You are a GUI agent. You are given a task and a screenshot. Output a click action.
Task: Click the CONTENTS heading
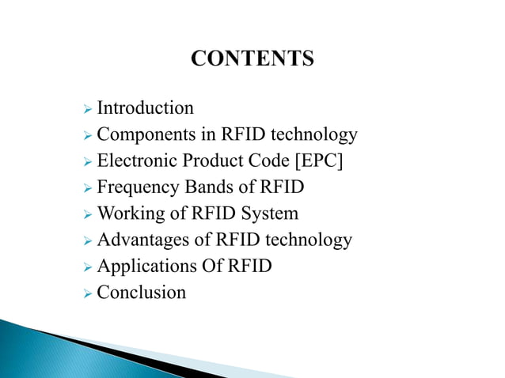tap(252, 59)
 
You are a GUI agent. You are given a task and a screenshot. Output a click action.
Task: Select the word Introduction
tap(145, 108)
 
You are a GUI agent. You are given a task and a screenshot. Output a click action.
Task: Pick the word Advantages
tap(139, 240)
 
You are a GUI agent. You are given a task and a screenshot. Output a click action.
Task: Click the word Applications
tap(141, 266)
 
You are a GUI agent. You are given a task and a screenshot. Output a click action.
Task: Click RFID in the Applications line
tap(249, 266)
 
